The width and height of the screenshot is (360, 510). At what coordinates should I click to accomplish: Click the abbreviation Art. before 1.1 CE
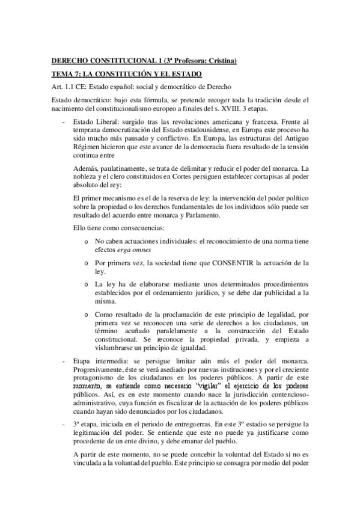(57, 86)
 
